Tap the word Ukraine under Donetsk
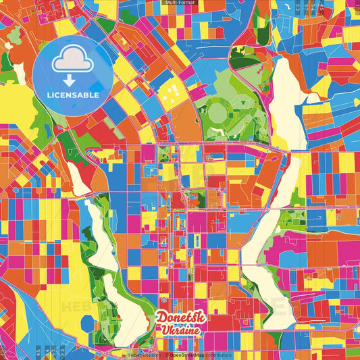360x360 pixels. coord(180,330)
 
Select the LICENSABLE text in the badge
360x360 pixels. coord(74,95)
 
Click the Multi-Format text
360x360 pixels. coord(180,3)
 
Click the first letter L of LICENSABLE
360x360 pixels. coord(49,95)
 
